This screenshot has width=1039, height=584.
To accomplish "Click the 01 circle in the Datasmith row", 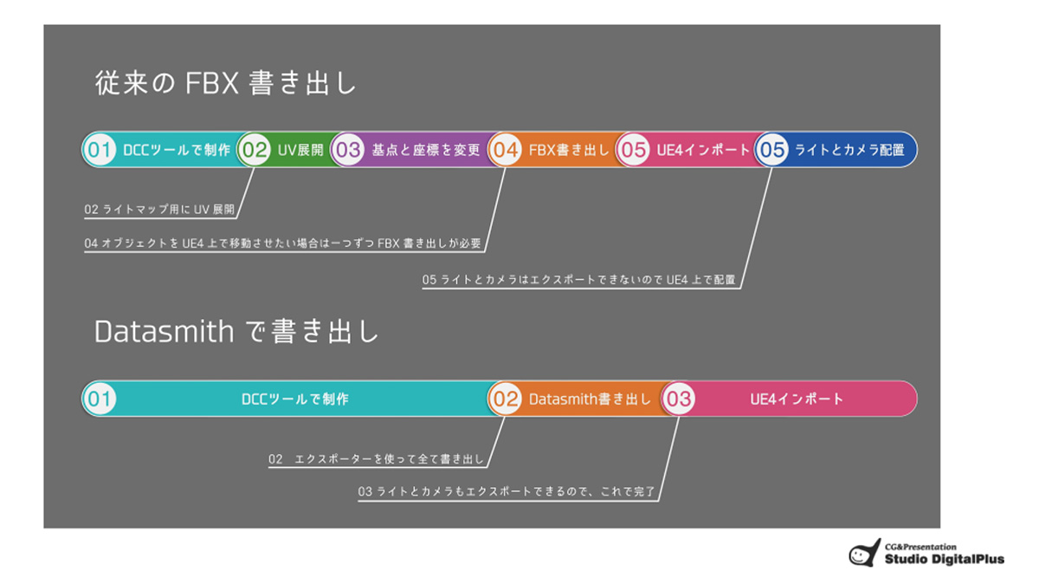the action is [x=100, y=399].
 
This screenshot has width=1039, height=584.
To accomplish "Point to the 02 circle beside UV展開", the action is [x=255, y=150].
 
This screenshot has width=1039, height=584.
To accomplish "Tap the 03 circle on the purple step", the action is [x=348, y=150].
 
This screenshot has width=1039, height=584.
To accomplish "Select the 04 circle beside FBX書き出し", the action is [x=505, y=150].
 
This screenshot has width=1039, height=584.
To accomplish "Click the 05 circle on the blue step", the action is [x=771, y=150].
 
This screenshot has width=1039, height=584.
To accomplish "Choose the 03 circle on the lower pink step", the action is [x=679, y=399].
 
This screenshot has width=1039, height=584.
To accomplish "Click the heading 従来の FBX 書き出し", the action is [x=225, y=83].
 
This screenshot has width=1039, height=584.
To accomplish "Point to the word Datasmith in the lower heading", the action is [x=165, y=332].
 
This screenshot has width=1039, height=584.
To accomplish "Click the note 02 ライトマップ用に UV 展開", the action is [x=159, y=210].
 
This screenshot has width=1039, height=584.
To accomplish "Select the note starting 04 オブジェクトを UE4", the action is [x=283, y=243].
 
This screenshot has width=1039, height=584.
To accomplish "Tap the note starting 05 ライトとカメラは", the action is [x=579, y=280].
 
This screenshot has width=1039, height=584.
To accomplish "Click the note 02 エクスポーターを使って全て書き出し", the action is [x=376, y=459].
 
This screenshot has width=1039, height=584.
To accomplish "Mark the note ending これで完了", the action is [x=507, y=491].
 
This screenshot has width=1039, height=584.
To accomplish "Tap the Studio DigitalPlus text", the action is [x=945, y=559].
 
